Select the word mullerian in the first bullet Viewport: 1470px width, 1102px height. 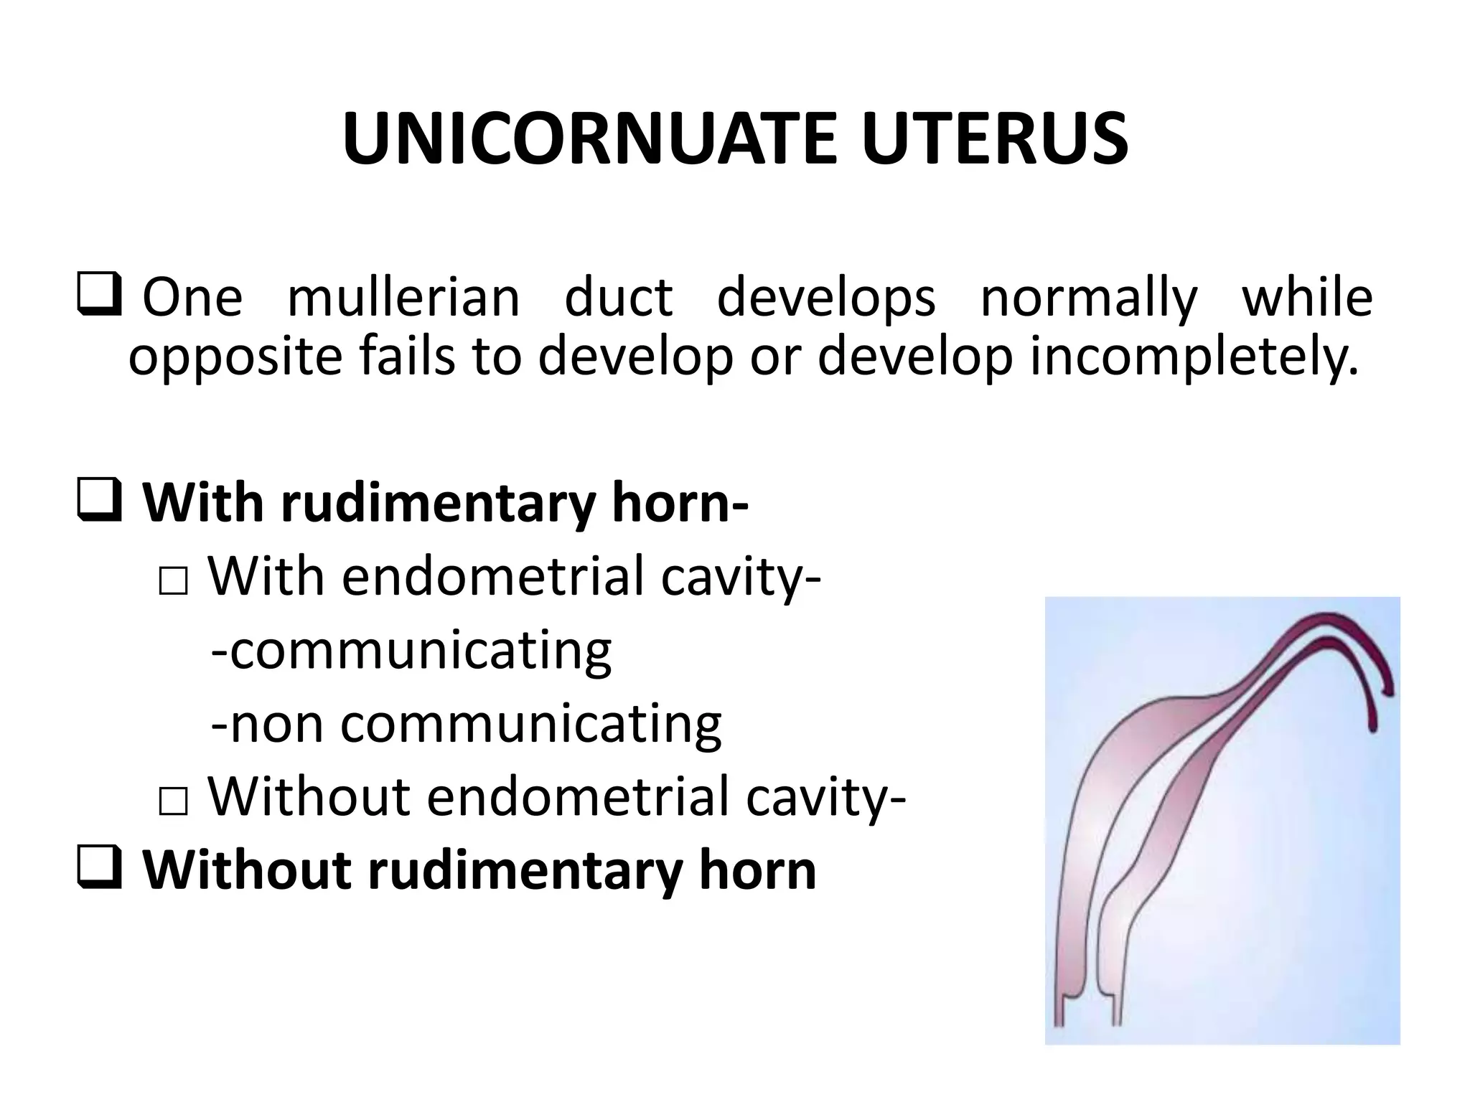[x=403, y=298]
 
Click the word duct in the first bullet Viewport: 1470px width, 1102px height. [x=618, y=298]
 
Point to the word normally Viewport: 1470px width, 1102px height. [x=1089, y=298]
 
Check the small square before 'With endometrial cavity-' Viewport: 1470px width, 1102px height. [x=173, y=582]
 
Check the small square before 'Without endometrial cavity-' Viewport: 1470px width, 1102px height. [x=173, y=801]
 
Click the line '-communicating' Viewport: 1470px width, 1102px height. [x=411, y=650]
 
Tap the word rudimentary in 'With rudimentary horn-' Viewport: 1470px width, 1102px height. [x=438, y=504]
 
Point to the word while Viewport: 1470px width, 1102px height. [x=1307, y=298]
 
